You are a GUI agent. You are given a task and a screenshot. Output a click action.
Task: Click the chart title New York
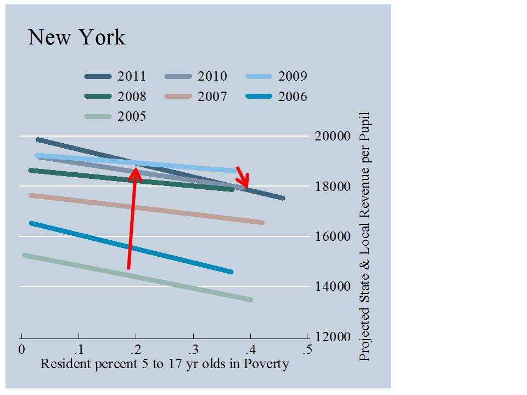pyautogui.click(x=76, y=37)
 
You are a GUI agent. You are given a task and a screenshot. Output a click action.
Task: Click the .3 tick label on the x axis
pyautogui.click(x=193, y=349)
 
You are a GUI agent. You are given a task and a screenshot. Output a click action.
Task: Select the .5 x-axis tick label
pyautogui.click(x=308, y=349)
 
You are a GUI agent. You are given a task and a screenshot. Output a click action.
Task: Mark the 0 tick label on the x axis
pyautogui.click(x=21, y=349)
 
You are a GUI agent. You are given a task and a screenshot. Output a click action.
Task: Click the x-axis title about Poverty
pyautogui.click(x=165, y=363)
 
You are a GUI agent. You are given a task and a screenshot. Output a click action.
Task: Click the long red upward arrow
pyautogui.click(x=132, y=219)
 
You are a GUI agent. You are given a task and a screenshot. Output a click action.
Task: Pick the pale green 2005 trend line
pyautogui.click(x=137, y=276)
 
